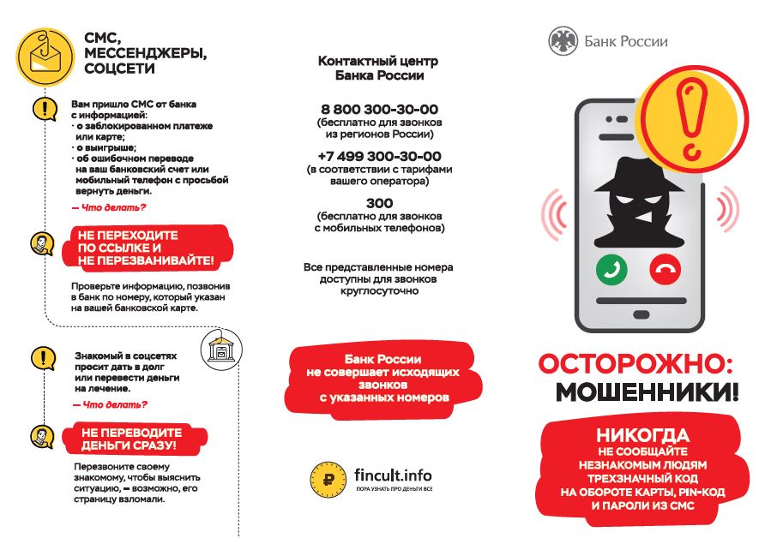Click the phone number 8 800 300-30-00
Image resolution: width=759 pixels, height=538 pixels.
pyautogui.click(x=379, y=110)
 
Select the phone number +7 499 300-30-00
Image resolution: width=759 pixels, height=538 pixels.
pyautogui.click(x=379, y=157)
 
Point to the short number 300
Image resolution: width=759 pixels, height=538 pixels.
pyautogui.click(x=379, y=204)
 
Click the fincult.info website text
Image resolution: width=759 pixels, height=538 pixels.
pyautogui.click(x=393, y=475)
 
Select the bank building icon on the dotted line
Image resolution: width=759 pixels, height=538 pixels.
pyautogui.click(x=220, y=348)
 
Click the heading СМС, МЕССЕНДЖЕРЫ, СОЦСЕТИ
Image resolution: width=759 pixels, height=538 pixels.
pyautogui.click(x=144, y=52)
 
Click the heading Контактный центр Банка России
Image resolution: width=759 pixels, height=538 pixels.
pyautogui.click(x=378, y=68)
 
